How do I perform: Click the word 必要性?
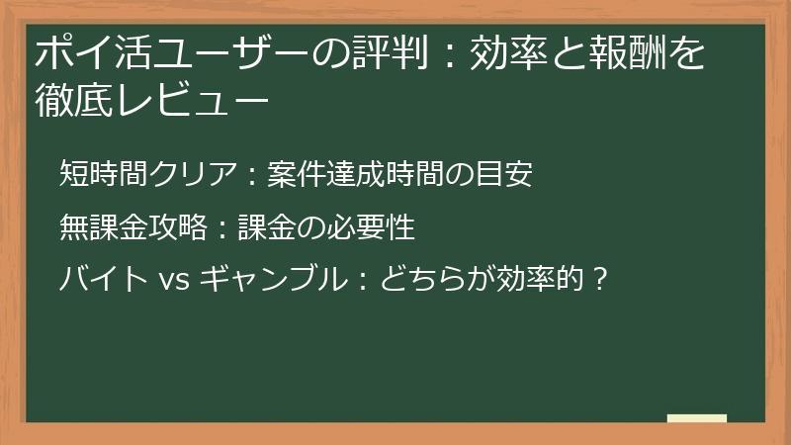coord(377,228)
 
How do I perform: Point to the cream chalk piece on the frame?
coord(696,419)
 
